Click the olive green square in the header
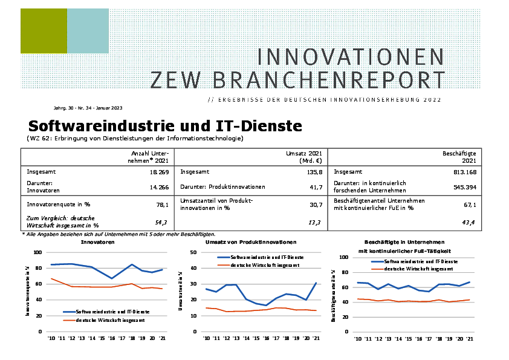point(44,31)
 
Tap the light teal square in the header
point(88,31)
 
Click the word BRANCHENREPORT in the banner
point(297,79)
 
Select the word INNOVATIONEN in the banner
point(351,56)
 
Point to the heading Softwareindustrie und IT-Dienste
point(165,126)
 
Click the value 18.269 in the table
point(158,172)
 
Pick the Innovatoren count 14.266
point(158,188)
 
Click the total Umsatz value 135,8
point(312,172)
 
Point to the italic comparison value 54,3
point(161,223)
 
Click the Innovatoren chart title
point(98,242)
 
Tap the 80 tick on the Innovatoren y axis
point(38,268)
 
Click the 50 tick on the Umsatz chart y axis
point(193,252)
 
